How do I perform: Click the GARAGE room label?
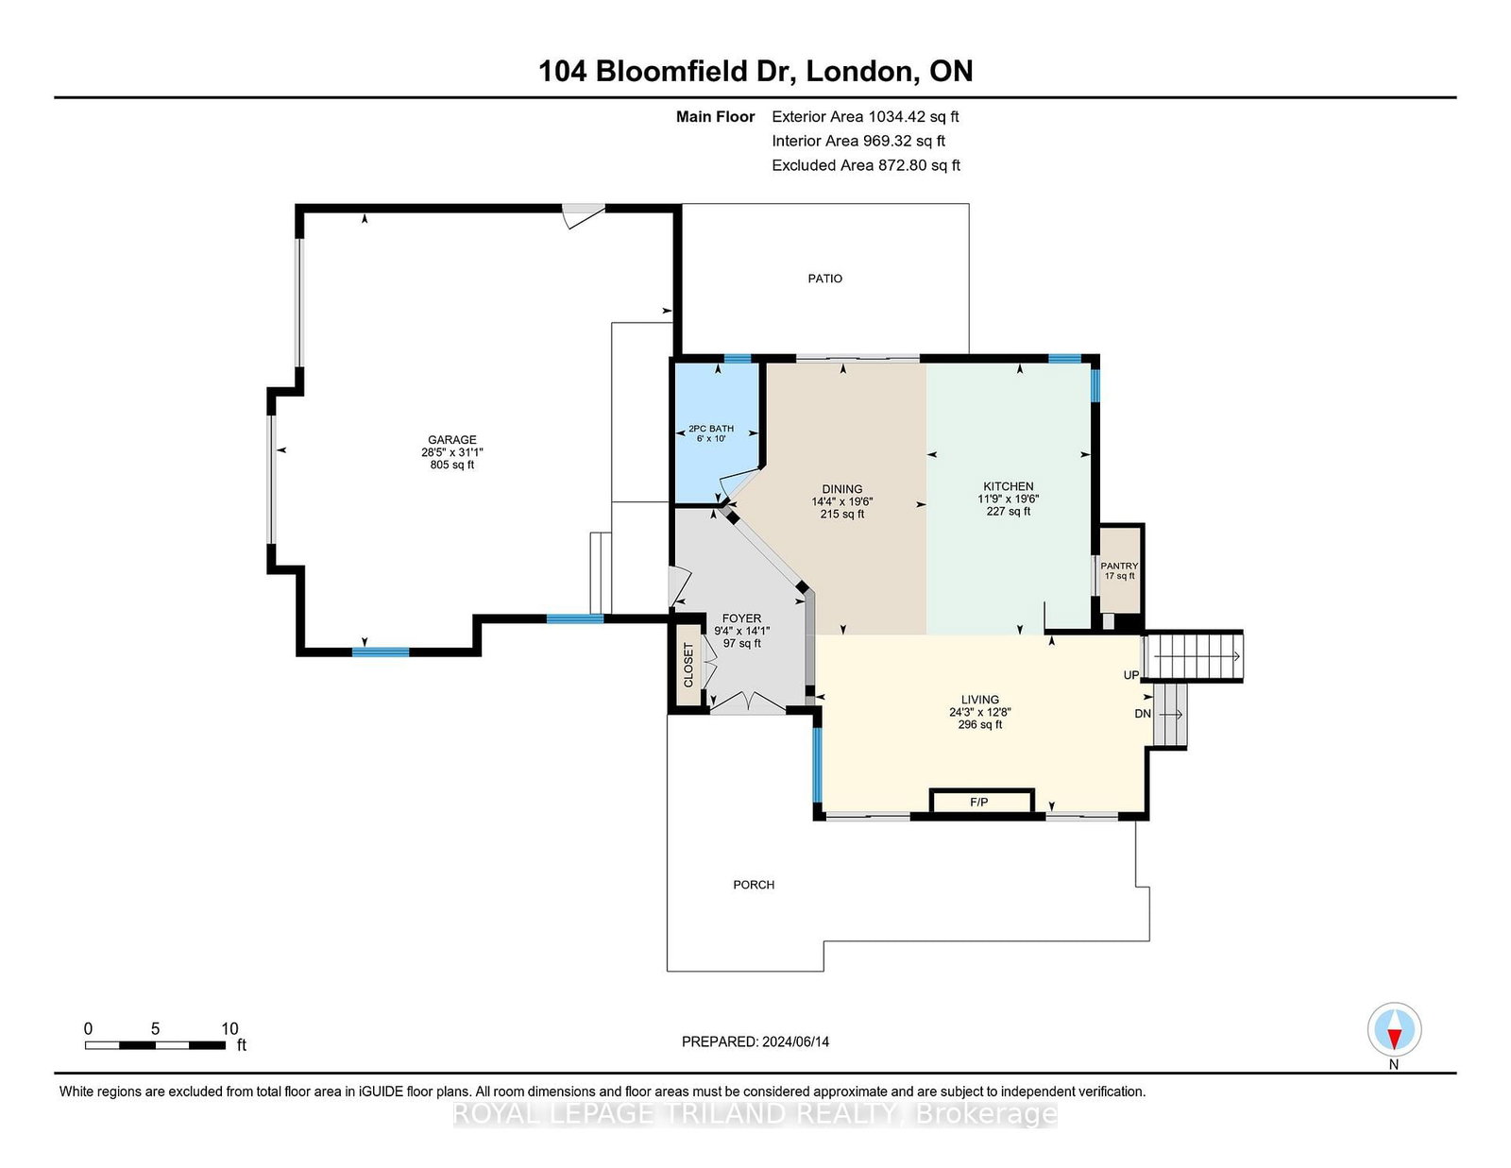tap(452, 439)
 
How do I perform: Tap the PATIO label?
tap(824, 279)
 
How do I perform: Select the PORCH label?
tap(754, 885)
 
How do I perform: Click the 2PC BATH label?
tap(711, 429)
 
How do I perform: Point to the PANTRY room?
tap(1119, 571)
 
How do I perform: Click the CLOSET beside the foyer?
tap(688, 666)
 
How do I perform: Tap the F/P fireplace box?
tap(982, 802)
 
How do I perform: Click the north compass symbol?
tap(1394, 1029)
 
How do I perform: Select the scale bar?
tap(155, 1045)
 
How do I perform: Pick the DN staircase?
tap(1169, 715)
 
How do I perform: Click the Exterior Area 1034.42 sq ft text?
tap(865, 117)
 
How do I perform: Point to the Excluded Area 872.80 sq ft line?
tap(866, 165)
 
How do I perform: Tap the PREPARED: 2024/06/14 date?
tap(755, 1041)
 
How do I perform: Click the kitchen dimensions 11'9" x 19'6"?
tap(1009, 499)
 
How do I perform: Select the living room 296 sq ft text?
tap(980, 724)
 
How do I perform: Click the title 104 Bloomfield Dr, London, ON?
tap(755, 71)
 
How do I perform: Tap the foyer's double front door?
tap(747, 702)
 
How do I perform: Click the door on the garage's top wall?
tap(584, 215)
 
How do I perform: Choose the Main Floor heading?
tap(715, 117)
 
